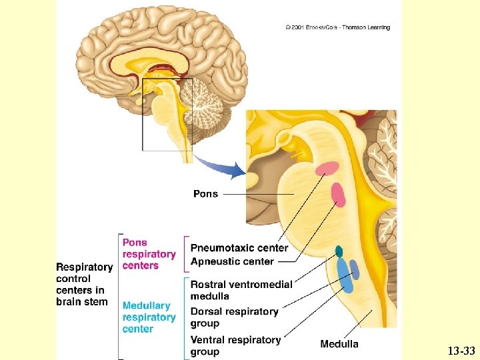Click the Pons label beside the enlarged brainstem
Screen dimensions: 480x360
(x=206, y=194)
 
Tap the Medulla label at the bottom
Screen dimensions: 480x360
(x=339, y=344)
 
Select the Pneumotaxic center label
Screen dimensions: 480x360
(x=239, y=247)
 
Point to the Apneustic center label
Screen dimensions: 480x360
(x=232, y=261)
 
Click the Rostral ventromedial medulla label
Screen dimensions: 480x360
(x=241, y=290)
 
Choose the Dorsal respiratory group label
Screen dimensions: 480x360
(x=235, y=317)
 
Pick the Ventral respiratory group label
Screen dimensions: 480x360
(x=236, y=345)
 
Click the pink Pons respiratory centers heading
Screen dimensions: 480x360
(x=149, y=254)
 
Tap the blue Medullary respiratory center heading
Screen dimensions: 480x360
(x=149, y=317)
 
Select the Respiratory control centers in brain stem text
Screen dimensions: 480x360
(x=85, y=285)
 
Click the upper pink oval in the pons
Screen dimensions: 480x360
(x=327, y=169)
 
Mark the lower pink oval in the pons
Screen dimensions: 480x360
(x=338, y=195)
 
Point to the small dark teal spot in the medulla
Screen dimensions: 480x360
(x=339, y=251)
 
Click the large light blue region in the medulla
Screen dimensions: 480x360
(x=345, y=275)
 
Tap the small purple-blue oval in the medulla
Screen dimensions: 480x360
(x=355, y=270)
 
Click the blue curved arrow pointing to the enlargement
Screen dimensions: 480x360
(x=221, y=167)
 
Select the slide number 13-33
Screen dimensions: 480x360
(x=461, y=351)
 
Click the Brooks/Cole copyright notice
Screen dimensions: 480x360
(x=337, y=27)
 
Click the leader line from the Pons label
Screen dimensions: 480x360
(x=259, y=194)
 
